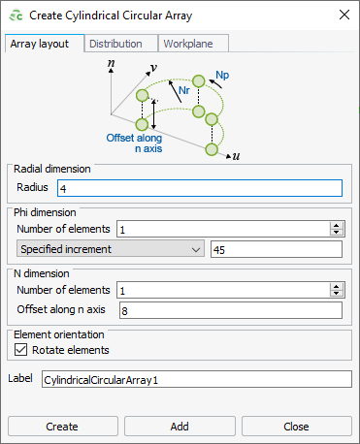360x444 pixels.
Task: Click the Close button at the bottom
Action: (x=296, y=426)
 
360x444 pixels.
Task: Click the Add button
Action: (x=180, y=426)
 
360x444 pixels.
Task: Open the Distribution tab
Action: (x=123, y=44)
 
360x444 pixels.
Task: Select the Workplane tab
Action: (x=194, y=44)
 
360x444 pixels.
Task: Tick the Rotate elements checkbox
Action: (x=21, y=349)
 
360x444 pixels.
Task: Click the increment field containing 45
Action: (x=276, y=249)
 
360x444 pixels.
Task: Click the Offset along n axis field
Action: (x=230, y=310)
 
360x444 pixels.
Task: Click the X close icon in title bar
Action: (x=342, y=15)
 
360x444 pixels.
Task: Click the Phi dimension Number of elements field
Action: (x=222, y=229)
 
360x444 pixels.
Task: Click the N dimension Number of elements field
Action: (x=222, y=290)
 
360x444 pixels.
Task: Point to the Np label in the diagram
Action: (x=222, y=74)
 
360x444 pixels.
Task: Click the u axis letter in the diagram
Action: (x=237, y=155)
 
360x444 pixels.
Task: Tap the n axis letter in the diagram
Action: (x=112, y=61)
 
